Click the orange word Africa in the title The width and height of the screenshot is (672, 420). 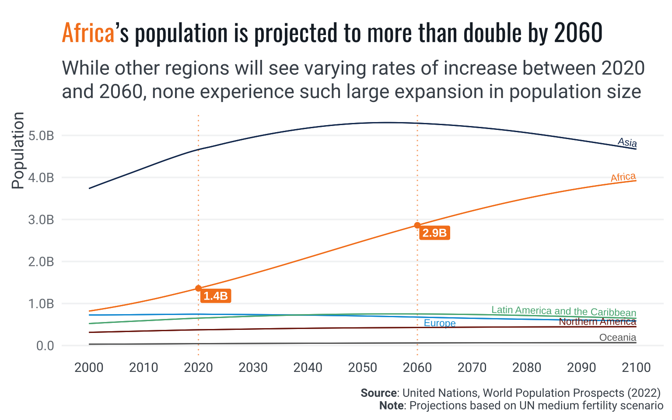[x=88, y=33]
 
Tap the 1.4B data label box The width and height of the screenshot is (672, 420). [x=216, y=296]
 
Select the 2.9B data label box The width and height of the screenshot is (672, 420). [x=434, y=233]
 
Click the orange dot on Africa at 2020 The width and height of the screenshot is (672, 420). [x=198, y=288]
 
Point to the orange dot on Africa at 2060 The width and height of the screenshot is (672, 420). [x=417, y=225]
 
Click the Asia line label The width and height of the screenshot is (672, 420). [x=627, y=142]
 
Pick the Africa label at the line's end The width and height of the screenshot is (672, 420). [x=623, y=177]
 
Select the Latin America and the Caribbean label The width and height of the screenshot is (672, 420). [x=563, y=311]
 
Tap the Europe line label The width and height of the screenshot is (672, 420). [x=440, y=323]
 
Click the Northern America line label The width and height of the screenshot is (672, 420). [x=597, y=322]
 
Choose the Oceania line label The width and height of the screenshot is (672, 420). [x=618, y=337]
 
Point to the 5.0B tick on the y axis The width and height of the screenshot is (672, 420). [x=41, y=136]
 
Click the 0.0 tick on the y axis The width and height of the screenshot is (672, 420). [x=45, y=346]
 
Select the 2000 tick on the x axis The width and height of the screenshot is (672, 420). [x=89, y=367]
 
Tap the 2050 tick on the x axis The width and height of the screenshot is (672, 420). [x=363, y=367]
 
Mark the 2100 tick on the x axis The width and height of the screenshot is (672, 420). [x=636, y=367]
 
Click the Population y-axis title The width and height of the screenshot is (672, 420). [x=18, y=150]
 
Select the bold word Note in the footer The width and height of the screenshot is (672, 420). [x=391, y=406]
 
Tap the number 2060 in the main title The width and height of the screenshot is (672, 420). [x=578, y=33]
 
